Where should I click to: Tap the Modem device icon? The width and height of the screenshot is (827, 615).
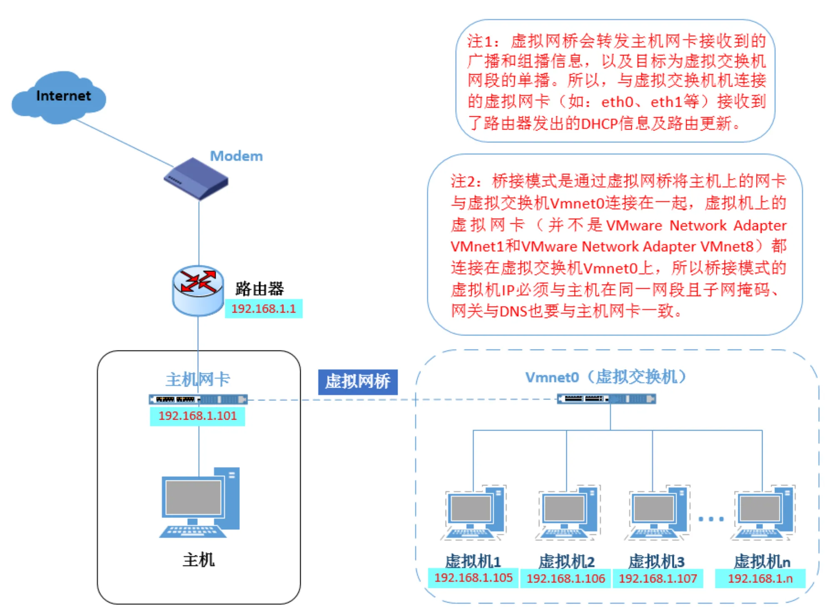click(196, 178)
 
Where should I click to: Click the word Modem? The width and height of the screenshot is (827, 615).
click(236, 156)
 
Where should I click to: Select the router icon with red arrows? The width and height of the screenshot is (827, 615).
click(198, 290)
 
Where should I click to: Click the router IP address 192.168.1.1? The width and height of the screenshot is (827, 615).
click(264, 309)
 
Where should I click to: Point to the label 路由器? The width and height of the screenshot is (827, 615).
click(259, 288)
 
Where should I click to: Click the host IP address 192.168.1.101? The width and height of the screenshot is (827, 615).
click(197, 415)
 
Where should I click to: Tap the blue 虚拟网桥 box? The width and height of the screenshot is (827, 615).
click(358, 382)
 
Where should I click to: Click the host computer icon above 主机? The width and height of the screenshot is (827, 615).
click(199, 502)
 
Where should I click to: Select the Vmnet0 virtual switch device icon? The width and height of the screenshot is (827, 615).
click(606, 399)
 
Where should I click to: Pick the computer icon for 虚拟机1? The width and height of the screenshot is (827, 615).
click(474, 512)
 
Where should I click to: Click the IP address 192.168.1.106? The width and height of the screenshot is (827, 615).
click(565, 578)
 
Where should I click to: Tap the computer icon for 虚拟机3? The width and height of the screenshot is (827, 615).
click(657, 512)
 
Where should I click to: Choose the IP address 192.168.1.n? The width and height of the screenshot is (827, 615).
click(760, 578)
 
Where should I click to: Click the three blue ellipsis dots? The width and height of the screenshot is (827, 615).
click(711, 519)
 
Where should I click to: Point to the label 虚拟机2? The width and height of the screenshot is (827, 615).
click(566, 561)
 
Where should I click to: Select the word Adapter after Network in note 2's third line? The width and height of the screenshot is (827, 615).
click(760, 225)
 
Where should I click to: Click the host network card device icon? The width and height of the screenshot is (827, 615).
click(198, 400)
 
